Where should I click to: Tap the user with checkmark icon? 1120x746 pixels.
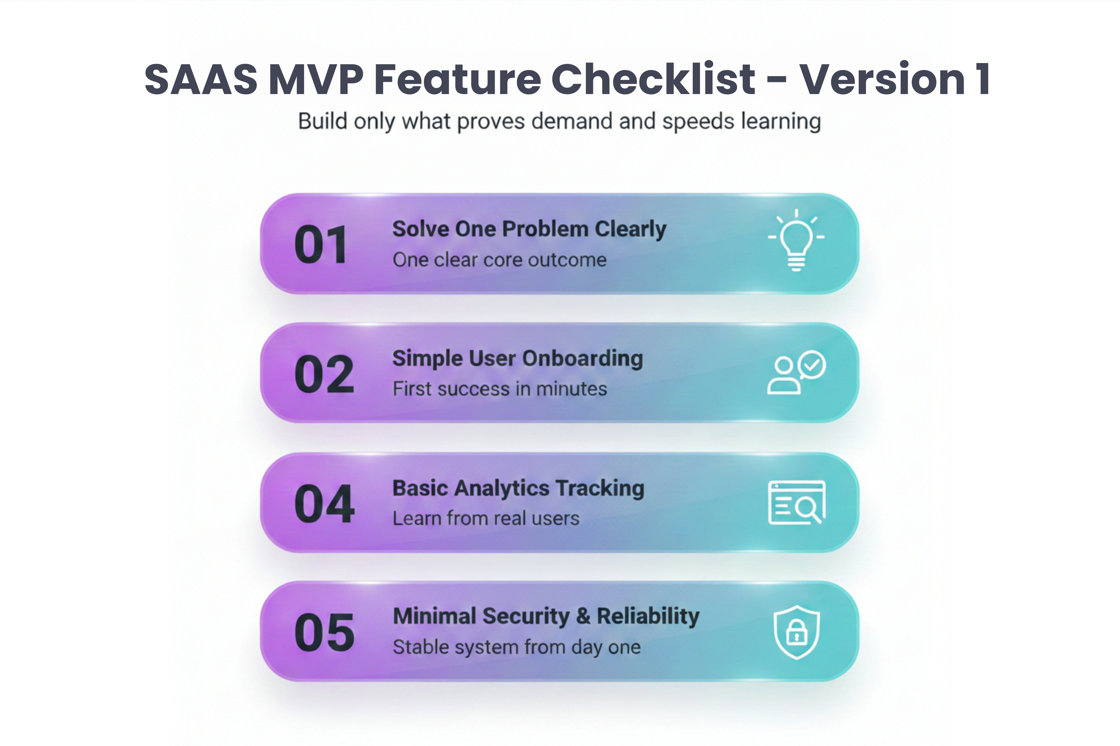[x=796, y=373]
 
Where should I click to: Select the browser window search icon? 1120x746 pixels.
[x=796, y=503]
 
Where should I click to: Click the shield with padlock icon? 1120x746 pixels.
[x=796, y=632]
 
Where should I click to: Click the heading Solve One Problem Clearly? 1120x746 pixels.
[x=529, y=229]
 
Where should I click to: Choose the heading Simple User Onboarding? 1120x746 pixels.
[x=517, y=359]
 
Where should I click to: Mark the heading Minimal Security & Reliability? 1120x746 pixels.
[x=546, y=617]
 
